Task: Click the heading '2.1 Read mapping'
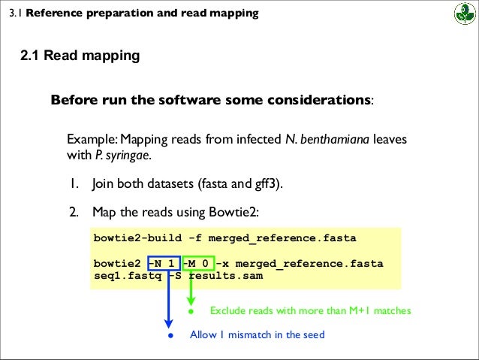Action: click(80, 56)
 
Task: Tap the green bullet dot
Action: click(191, 310)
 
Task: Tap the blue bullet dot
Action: click(170, 334)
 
